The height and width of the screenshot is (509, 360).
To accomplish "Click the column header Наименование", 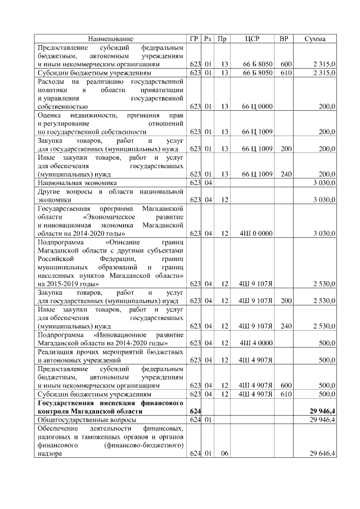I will point(111,39).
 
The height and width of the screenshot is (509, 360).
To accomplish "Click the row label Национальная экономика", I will point(76,183).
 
